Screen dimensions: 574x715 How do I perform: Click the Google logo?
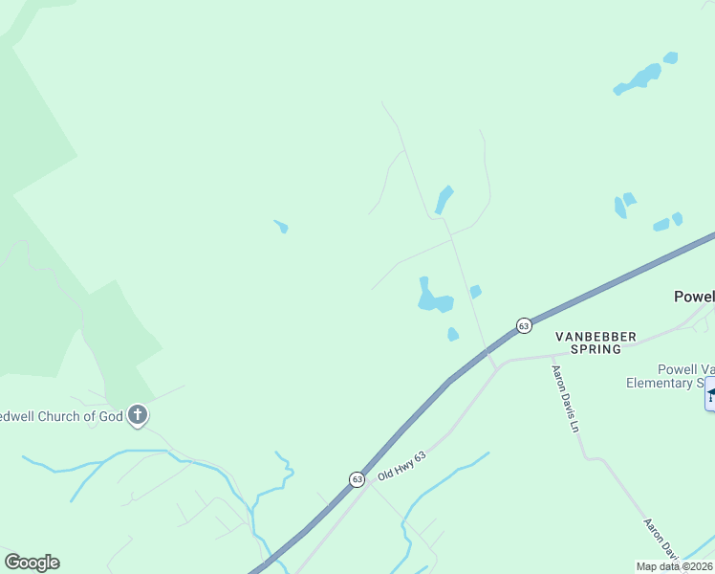point(32,563)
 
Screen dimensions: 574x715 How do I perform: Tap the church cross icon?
point(138,415)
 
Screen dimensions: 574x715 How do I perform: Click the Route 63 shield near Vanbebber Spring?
point(524,325)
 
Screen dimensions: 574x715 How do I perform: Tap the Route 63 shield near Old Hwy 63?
point(357,479)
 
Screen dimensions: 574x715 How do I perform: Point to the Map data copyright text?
point(674,566)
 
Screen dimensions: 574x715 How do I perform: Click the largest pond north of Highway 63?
point(433,298)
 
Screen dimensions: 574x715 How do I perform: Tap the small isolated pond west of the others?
point(282,227)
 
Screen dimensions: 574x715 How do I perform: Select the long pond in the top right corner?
point(639,79)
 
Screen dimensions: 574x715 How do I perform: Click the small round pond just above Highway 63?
point(453,334)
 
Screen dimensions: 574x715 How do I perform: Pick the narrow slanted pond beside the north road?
point(444,199)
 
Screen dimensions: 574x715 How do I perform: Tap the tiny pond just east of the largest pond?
point(475,291)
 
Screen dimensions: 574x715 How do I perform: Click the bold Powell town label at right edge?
point(694,297)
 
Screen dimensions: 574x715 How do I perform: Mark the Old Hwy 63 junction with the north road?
point(494,362)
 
